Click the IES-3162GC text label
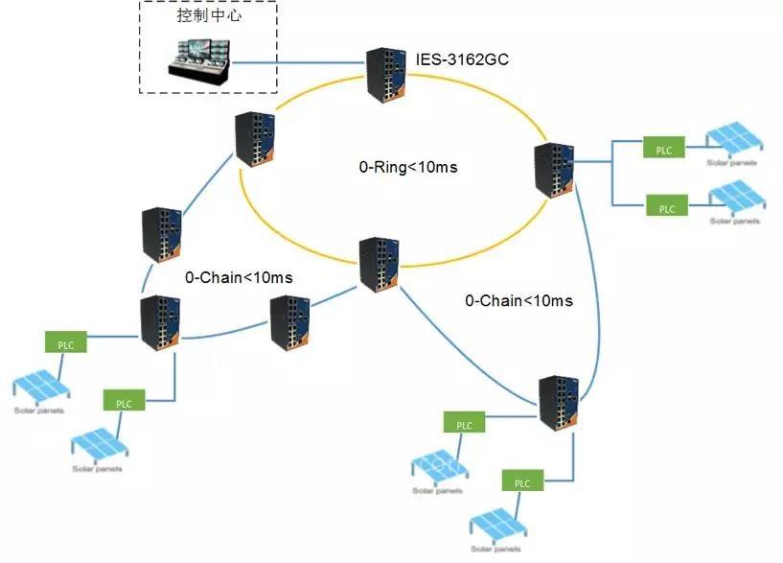coord(461,60)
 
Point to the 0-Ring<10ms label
coord(408,167)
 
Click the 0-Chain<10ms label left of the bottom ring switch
coord(239,277)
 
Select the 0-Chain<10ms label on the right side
coord(518,300)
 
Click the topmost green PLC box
coord(663,150)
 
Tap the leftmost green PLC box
coord(65,341)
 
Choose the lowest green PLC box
coord(521,482)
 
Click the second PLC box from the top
coord(667,207)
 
